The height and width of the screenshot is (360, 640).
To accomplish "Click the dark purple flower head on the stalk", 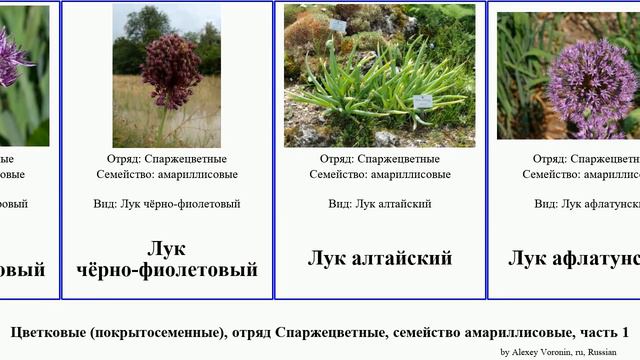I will click(x=170, y=71).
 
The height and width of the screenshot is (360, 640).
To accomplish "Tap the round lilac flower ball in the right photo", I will click(x=592, y=81).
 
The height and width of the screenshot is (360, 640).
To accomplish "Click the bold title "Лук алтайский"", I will click(x=379, y=258).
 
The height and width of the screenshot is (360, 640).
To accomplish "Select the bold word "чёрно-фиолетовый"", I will click(x=167, y=270).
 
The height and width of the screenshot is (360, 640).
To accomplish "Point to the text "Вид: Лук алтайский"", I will click(x=379, y=203).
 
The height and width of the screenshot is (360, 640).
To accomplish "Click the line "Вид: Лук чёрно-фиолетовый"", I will click(x=167, y=203).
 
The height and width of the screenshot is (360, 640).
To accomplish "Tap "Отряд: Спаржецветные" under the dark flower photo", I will click(x=167, y=158).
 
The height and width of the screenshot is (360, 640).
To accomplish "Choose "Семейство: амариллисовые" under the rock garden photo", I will click(x=379, y=174).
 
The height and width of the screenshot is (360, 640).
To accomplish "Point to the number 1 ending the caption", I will click(x=624, y=332).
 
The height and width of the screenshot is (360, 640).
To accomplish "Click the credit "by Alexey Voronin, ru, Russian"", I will click(x=558, y=352).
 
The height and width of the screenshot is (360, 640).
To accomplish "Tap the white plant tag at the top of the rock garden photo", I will click(x=337, y=25).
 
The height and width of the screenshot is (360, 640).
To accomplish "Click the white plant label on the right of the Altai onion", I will click(x=423, y=101).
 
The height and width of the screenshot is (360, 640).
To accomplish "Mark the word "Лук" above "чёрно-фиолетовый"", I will click(x=167, y=249).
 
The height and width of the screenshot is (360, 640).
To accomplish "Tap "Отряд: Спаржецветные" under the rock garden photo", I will click(x=379, y=158).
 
